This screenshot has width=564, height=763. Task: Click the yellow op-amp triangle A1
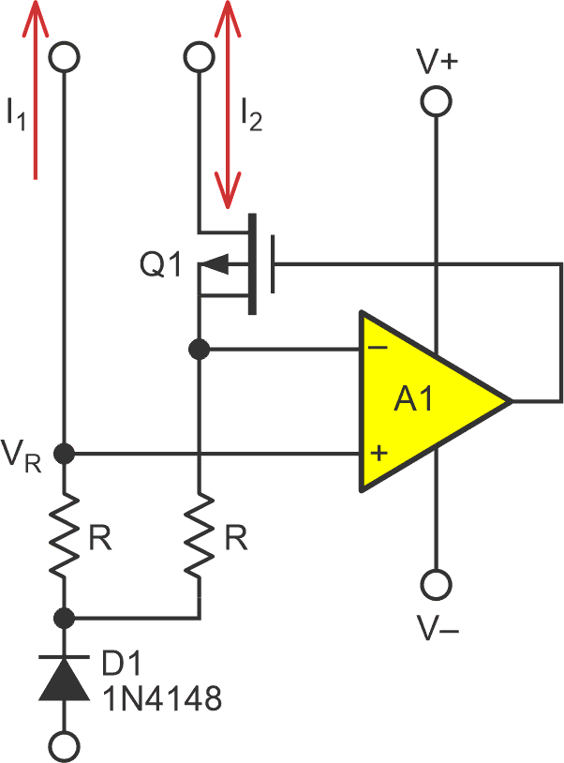tap(422, 401)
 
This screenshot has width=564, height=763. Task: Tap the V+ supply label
tap(437, 63)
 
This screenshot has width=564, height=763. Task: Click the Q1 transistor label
tap(160, 266)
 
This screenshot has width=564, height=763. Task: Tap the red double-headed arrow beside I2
tap(226, 103)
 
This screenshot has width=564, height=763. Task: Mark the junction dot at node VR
tap(64, 455)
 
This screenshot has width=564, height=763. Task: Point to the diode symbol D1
tap(64, 677)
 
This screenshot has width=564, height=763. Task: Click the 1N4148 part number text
tap(160, 699)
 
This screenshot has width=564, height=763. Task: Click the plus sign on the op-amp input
tap(379, 455)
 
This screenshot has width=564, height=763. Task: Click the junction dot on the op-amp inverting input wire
tap(200, 350)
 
